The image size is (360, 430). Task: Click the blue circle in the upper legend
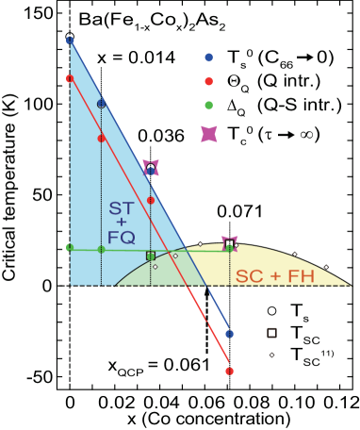(209, 58)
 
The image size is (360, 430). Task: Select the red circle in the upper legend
(209, 81)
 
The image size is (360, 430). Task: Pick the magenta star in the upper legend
(209, 134)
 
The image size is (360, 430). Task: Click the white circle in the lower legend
(271, 310)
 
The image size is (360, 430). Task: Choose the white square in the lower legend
(271, 333)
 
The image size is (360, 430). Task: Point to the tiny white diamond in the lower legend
(271, 355)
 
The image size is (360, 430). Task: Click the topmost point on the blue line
(70, 39)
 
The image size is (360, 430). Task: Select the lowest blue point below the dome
(229, 334)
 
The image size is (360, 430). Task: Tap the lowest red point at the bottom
(229, 371)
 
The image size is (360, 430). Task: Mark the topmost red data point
(70, 78)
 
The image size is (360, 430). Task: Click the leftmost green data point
(70, 247)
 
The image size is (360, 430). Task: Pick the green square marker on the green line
(151, 256)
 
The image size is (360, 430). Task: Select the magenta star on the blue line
(151, 168)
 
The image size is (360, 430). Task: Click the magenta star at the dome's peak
(229, 243)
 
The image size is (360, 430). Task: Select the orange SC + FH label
(274, 277)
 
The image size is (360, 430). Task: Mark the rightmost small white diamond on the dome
(326, 267)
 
